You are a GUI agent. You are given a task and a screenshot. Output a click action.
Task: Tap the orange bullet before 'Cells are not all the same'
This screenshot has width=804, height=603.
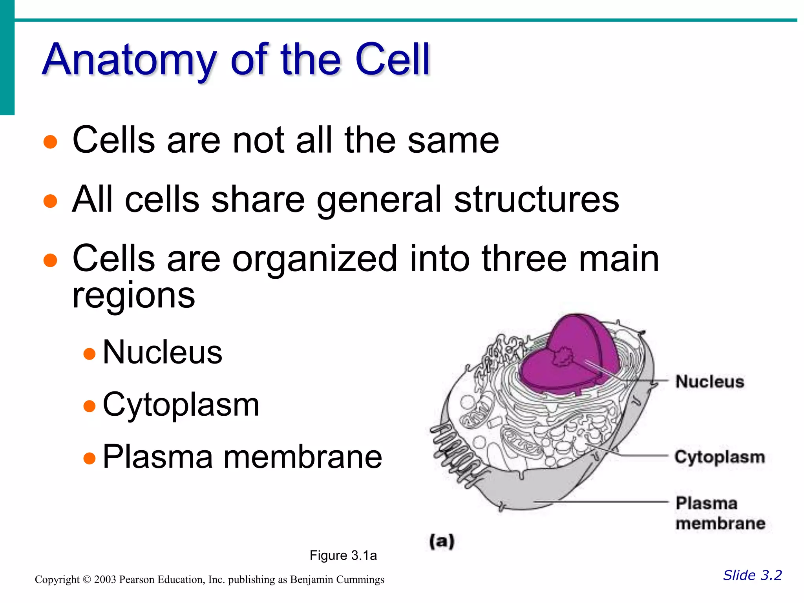tap(50, 142)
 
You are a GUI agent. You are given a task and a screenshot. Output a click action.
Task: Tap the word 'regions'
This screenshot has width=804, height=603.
tap(133, 295)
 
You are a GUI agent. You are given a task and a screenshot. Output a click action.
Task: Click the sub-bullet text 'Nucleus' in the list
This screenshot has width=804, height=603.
tap(162, 352)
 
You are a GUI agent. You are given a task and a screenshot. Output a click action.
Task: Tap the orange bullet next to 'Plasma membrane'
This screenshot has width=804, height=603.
tap(90, 458)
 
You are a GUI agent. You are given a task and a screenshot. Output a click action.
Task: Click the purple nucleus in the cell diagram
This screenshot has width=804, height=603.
tap(565, 361)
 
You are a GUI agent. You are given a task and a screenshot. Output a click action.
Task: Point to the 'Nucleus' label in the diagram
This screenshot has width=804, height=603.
tap(710, 382)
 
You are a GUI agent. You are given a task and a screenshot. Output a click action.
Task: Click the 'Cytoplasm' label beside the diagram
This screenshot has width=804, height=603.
tap(720, 457)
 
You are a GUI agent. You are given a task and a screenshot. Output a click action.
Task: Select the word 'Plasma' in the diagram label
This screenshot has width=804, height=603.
tap(706, 503)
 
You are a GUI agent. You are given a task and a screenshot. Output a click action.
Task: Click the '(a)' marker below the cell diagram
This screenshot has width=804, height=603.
tap(442, 541)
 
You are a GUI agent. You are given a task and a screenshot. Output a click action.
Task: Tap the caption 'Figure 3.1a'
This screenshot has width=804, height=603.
tap(343, 555)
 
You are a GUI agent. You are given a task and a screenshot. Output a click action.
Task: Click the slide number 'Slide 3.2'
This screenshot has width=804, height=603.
tap(752, 575)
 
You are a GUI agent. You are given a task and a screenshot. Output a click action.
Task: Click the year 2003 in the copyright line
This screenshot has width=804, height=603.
tap(105, 579)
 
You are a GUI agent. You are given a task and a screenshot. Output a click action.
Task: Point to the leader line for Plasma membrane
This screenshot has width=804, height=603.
tap(601, 502)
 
